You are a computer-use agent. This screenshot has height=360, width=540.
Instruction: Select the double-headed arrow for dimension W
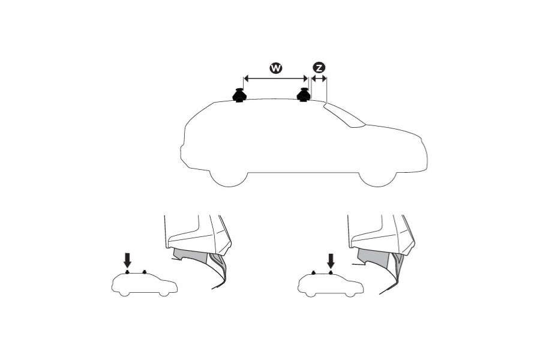click(275, 78)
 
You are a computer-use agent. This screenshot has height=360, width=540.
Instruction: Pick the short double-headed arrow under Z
click(319, 78)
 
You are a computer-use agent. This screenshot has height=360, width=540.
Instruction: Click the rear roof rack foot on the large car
click(240, 95)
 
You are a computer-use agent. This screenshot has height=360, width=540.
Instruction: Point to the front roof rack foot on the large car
click(304, 95)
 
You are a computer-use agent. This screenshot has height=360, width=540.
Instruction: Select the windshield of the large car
click(346, 116)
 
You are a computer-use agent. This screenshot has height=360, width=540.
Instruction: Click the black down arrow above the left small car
click(127, 260)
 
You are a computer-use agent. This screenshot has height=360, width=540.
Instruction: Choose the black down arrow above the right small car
click(330, 260)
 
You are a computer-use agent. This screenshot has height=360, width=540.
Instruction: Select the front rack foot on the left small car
click(145, 273)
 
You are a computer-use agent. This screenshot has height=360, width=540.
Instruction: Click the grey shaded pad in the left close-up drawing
click(186, 256)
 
